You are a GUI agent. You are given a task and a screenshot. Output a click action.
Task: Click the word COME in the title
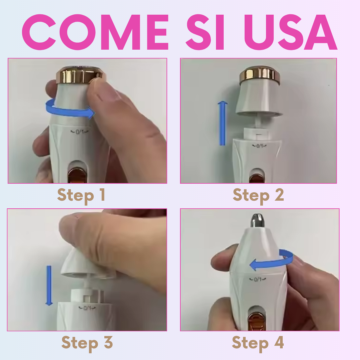[95, 32]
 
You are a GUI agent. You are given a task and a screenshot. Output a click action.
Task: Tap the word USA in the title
[291, 32]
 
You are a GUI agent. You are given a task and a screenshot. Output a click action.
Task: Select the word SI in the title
[205, 32]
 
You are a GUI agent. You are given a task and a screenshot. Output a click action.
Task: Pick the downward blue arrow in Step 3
[49, 286]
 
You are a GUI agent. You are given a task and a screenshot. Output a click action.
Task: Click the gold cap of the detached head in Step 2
[259, 76]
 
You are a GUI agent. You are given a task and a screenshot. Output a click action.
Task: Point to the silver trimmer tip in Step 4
[258, 219]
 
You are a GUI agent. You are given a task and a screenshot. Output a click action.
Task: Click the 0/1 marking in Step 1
[79, 132]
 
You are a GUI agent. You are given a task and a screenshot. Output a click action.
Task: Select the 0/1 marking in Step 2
[259, 146]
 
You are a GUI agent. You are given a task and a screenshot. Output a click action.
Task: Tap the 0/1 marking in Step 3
[87, 308]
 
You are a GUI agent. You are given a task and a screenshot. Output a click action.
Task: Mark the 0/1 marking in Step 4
[258, 279]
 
